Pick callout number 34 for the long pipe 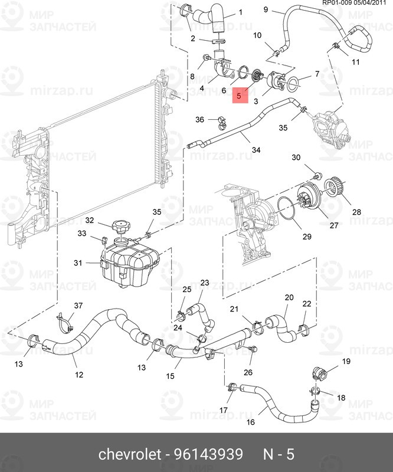click(x=256, y=150)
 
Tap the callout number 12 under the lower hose click(x=78, y=374)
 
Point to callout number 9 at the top click(x=265, y=9)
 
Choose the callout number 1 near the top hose click(x=224, y=12)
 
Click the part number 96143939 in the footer click(x=210, y=454)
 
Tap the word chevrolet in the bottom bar click(x=129, y=454)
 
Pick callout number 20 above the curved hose click(x=289, y=297)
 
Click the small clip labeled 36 click(x=219, y=122)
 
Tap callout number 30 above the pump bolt click(x=296, y=158)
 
